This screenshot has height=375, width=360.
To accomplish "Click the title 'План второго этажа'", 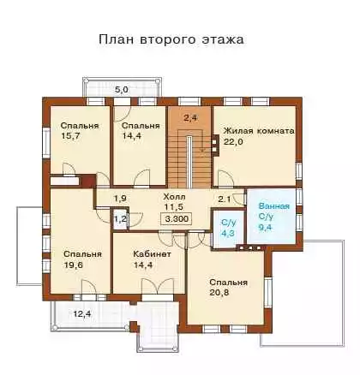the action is coord(171,39).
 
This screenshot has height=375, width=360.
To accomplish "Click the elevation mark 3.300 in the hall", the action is coord(177,219).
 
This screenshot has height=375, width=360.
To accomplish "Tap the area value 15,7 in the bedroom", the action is coord(70,135).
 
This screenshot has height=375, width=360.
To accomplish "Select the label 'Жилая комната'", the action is coord(259,131).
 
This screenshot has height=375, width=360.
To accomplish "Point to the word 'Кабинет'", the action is coord(153,254).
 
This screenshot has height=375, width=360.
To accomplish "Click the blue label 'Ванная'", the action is coord(274,206).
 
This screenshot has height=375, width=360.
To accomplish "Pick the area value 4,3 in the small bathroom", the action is coord(228,233).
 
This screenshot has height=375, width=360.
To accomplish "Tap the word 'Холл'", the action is coord(174,197).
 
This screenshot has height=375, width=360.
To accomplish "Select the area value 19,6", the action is coord(73,265).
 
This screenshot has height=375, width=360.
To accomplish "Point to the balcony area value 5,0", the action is coord(122,90).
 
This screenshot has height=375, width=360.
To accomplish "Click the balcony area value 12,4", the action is coord(82,314).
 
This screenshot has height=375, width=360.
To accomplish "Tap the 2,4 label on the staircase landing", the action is coord(190,117).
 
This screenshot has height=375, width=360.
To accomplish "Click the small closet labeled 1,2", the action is coord(121,219).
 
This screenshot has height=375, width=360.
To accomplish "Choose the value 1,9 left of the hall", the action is coord(121,199).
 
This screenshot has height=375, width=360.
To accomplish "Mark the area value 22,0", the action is coord(233,142).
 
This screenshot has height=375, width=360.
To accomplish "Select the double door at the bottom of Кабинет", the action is coord(158,286).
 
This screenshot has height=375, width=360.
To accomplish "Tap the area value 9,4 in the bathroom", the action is coord(265,228).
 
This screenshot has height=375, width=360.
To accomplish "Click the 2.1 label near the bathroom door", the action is coord(225,199).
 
